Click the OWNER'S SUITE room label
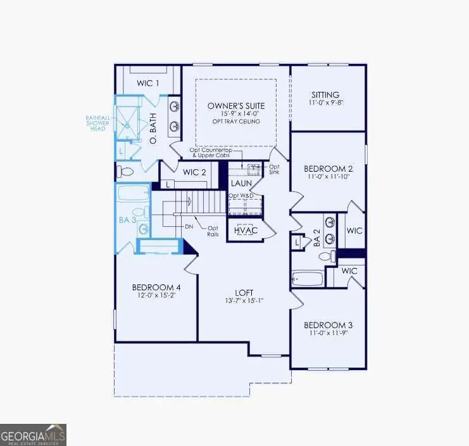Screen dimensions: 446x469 (x=236, y=105)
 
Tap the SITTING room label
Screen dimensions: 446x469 (x=325, y=94)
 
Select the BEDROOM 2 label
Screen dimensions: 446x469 (x=328, y=169)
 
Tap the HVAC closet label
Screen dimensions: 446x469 (x=246, y=231)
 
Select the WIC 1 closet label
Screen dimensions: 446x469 (x=148, y=83)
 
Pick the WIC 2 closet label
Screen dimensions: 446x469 (x=194, y=172)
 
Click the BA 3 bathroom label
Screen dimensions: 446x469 (x=127, y=219)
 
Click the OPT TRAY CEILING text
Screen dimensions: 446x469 (x=235, y=121)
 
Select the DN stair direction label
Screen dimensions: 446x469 (x=187, y=226)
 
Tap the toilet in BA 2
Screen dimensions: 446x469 (x=325, y=257)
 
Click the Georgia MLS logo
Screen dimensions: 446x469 (x=33, y=435)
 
